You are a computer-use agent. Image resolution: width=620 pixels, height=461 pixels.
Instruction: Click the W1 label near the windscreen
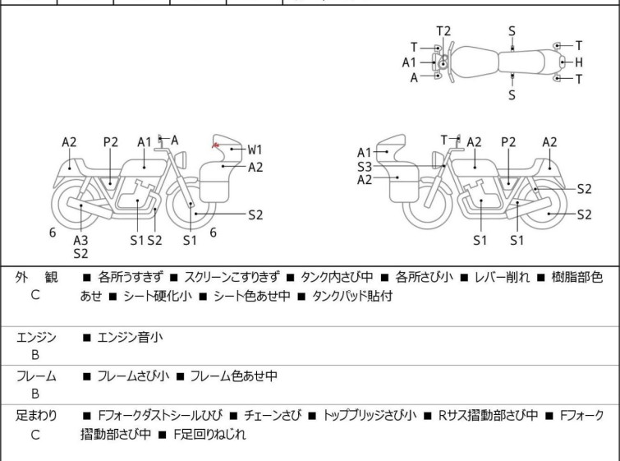[x=255, y=150]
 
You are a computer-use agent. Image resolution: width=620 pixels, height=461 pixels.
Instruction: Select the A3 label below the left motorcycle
[x=80, y=239]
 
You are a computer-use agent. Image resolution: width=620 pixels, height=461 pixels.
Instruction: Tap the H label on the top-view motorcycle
[x=579, y=62]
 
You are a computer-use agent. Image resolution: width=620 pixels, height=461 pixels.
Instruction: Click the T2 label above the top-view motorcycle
[x=443, y=30]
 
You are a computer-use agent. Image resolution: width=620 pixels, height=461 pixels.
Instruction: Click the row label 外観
[x=35, y=278]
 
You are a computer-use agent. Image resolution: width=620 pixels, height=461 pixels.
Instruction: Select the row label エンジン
[x=35, y=337]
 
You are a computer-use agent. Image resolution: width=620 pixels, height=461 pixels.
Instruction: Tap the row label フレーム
[x=35, y=376]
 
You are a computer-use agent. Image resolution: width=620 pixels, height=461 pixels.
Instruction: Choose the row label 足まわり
[x=35, y=416]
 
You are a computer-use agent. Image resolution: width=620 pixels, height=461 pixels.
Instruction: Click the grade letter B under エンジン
[x=35, y=355]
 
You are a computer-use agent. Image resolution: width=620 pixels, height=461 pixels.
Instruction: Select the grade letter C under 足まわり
[x=35, y=435]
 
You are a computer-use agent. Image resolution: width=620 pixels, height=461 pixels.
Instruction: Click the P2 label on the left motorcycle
[x=111, y=141]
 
